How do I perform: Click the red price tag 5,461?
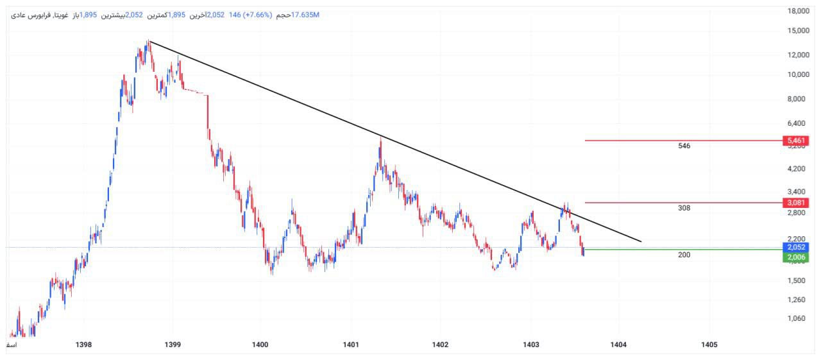[795, 140]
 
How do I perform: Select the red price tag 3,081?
[795, 203]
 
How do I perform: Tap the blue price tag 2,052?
[795, 247]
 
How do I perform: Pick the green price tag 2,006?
[795, 257]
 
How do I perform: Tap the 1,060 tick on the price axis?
[799, 318]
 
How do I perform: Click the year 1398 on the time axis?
[83, 345]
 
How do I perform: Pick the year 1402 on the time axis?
[440, 345]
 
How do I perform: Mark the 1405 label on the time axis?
[709, 345]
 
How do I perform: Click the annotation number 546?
[684, 146]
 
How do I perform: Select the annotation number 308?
[684, 208]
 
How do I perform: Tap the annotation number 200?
[684, 255]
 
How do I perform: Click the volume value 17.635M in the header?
[305, 15]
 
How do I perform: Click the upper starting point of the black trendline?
[149, 41]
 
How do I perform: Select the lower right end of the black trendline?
[641, 242]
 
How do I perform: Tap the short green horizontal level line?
[680, 249]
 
